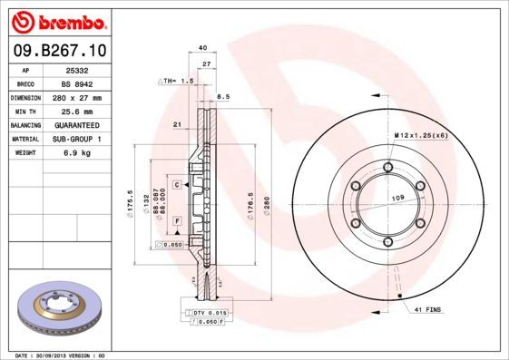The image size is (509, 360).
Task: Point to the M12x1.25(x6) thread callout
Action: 420,135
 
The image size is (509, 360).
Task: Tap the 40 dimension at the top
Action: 202,47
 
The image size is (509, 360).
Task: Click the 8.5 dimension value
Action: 223,95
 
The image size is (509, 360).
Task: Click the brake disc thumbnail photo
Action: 58,310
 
